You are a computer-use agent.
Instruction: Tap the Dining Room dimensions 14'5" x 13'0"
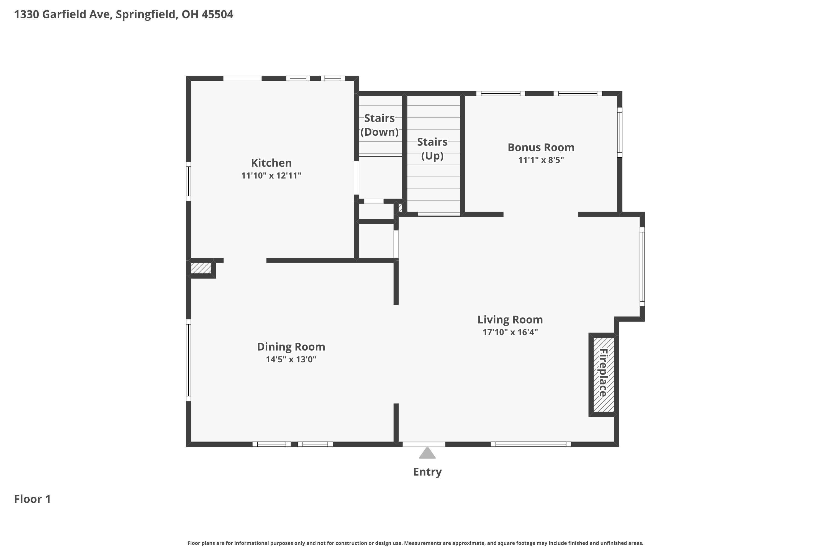pos(291,359)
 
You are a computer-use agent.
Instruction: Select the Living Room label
pos(510,319)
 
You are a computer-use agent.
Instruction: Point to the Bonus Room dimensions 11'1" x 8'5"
pos(541,160)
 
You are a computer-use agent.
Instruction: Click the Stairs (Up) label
pos(432,149)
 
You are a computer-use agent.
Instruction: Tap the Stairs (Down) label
pos(379,125)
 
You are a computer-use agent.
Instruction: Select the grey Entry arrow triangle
pos(427,453)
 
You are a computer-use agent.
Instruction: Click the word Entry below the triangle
pos(427,472)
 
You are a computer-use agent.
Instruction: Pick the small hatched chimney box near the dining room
pos(201,268)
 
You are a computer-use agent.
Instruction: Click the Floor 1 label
pos(32,499)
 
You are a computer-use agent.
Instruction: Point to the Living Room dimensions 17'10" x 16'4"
pos(510,332)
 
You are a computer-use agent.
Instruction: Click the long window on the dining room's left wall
pos(189,360)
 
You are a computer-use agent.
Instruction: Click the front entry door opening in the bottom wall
pos(424,444)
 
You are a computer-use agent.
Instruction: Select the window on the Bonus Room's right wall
pos(619,132)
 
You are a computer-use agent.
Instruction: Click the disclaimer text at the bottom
pos(415,543)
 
